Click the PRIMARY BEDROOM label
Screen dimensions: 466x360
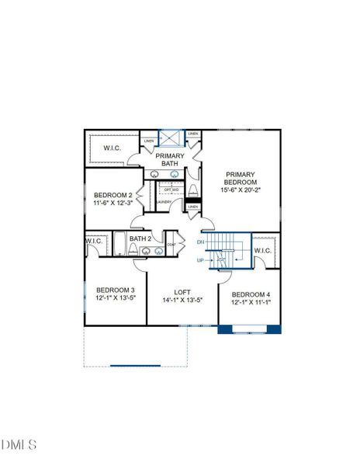241,178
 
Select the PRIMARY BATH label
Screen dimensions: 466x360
170,160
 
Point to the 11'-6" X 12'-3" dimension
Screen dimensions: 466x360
113,203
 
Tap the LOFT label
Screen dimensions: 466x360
182,291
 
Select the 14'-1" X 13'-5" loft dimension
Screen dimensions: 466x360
182,300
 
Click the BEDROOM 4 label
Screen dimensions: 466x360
251,294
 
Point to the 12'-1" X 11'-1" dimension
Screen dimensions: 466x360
251,303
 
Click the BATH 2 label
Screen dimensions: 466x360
140,238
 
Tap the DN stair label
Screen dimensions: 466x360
200,242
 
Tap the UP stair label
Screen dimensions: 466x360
200,260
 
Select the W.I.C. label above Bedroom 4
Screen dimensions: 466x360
262,250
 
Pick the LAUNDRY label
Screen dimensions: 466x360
164,202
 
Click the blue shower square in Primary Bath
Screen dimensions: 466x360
171,137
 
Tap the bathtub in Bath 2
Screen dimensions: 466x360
120,245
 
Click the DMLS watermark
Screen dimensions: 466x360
19,444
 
